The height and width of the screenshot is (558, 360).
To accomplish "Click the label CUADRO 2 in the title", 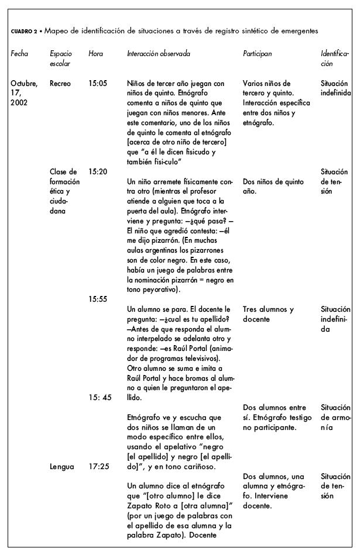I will click(x=23, y=31).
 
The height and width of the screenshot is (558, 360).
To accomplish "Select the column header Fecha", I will click(x=19, y=54).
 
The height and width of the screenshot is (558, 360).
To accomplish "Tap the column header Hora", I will click(x=95, y=54).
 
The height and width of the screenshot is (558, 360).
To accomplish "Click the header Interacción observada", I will click(x=158, y=54).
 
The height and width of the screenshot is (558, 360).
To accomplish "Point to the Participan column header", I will click(x=257, y=54).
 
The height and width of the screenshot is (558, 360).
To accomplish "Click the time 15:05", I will click(x=98, y=84).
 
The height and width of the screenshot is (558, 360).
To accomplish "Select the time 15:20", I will click(x=98, y=172).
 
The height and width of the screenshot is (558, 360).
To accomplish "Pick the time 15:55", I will click(x=98, y=299).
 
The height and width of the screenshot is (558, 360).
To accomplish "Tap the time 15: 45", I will click(x=99, y=398).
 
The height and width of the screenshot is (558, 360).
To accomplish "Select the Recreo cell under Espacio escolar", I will click(x=60, y=84).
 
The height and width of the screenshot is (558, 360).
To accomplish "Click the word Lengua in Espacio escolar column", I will click(x=62, y=467).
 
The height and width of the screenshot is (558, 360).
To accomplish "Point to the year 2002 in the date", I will click(x=19, y=103).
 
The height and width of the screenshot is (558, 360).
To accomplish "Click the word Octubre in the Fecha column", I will click(x=24, y=84).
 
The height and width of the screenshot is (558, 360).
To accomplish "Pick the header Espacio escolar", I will click(x=61, y=58).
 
